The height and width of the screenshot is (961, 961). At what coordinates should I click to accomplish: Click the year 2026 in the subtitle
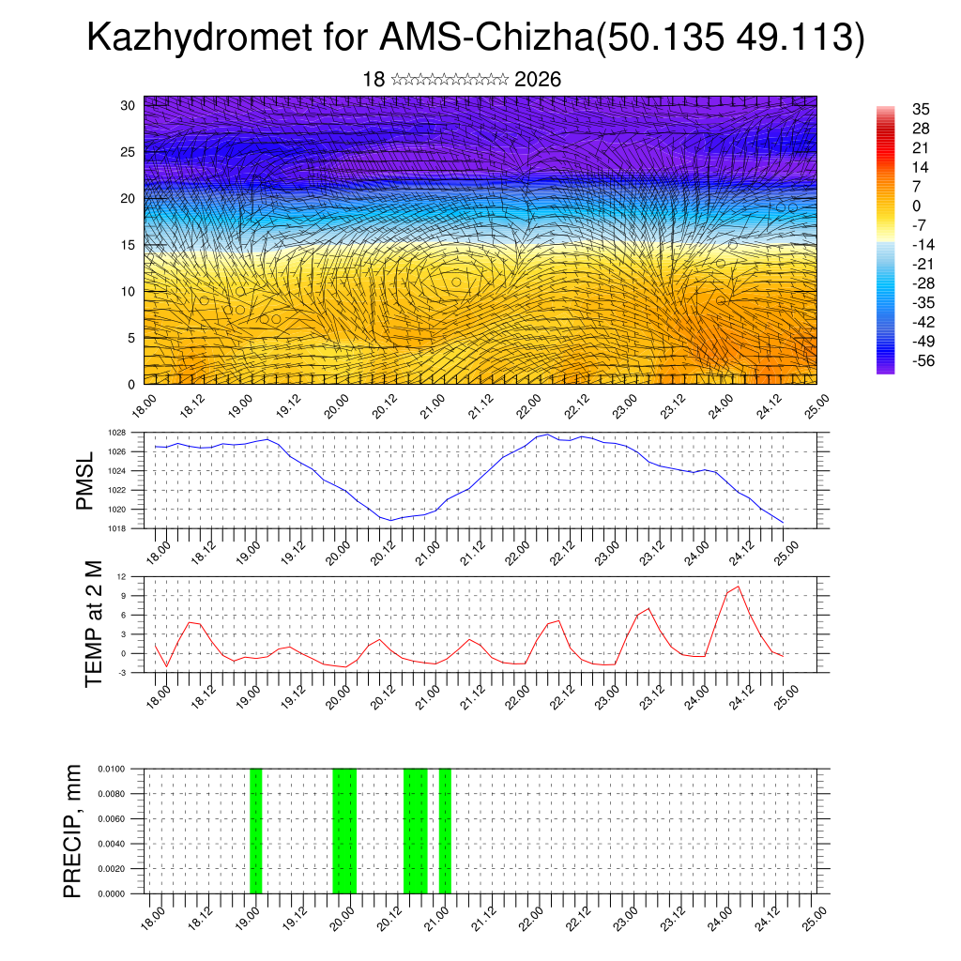point(538,80)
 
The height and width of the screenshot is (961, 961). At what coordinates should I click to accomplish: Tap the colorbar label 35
point(921,110)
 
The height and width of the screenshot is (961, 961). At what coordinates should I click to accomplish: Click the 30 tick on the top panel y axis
point(128,105)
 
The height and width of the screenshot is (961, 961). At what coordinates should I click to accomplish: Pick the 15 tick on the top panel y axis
point(128,245)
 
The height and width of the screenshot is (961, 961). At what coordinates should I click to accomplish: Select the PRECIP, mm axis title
point(72,831)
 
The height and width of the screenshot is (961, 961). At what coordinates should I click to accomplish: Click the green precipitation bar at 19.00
point(255,831)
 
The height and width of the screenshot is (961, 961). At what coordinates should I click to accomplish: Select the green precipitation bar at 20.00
point(344,831)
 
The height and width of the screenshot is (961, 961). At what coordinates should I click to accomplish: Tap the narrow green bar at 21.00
point(445,831)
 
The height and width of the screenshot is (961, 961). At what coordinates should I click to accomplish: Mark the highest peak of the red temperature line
point(738,587)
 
